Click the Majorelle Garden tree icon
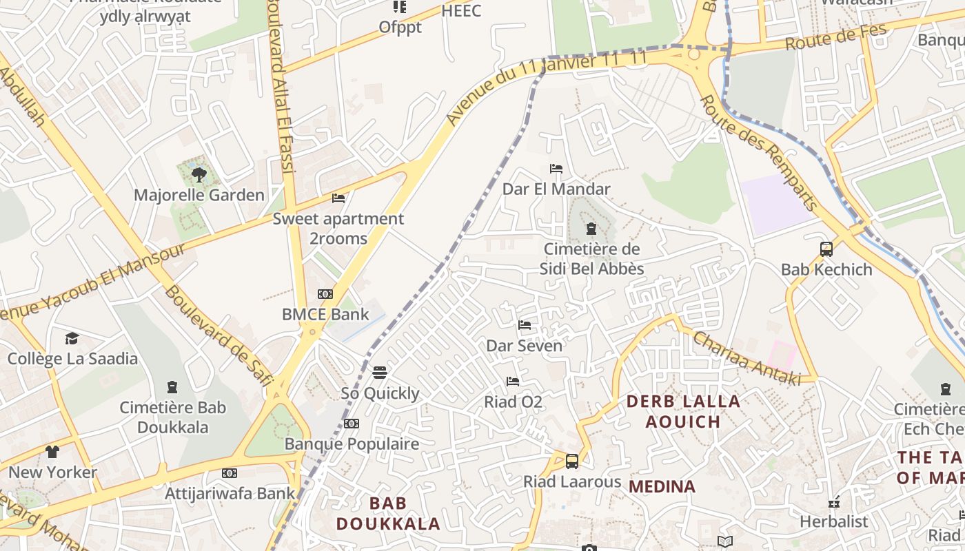pyautogui.click(x=199, y=174)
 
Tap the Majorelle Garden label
pyautogui.click(x=199, y=195)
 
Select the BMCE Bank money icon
pyautogui.click(x=325, y=294)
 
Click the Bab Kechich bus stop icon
pyautogui.click(x=826, y=249)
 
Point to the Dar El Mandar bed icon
pyautogui.click(x=556, y=169)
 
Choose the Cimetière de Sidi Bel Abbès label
pyautogui.click(x=591, y=259)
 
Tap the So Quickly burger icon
pyautogui.click(x=380, y=373)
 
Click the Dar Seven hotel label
pyautogui.click(x=525, y=346)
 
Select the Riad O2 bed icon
pyautogui.click(x=513, y=381)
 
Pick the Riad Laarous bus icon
pyautogui.click(x=572, y=461)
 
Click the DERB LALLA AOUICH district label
pyautogui.click(x=683, y=411)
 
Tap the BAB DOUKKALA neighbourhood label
pyautogui.click(x=387, y=513)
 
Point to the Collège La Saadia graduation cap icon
pyautogui.click(x=72, y=338)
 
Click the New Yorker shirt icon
pyautogui.click(x=52, y=452)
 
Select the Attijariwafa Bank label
pyautogui.click(x=230, y=493)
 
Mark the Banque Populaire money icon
pyautogui.click(x=352, y=424)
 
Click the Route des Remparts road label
pyautogui.click(x=759, y=153)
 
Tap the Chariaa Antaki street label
pyautogui.click(x=746, y=359)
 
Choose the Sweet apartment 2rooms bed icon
pyautogui.click(x=338, y=198)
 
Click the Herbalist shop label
pyautogui.click(x=833, y=521)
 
